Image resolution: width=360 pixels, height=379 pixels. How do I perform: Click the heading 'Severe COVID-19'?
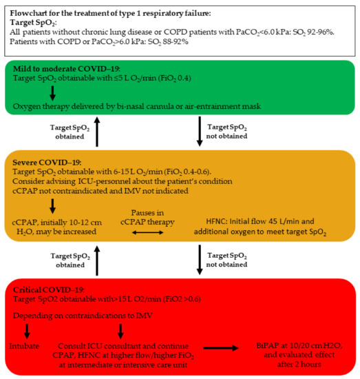[x=41, y=162]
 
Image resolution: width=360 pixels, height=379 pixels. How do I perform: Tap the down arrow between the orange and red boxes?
[x=200, y=262]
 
